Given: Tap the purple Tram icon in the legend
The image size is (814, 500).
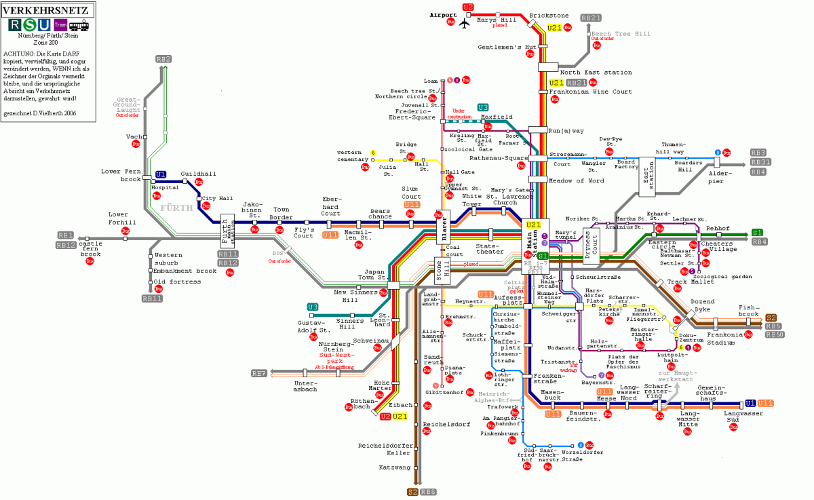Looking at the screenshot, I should point(60,25).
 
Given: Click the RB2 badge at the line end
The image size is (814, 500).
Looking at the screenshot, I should point(163,59).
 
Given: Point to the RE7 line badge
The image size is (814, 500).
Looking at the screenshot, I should point(258,373).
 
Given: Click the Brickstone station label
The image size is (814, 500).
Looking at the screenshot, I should point(549,15).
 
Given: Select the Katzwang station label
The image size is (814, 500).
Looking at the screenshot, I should point(393,467).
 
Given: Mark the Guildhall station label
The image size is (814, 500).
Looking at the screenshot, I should point(198,174).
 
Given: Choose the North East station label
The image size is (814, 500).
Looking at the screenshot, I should point(596,73).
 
